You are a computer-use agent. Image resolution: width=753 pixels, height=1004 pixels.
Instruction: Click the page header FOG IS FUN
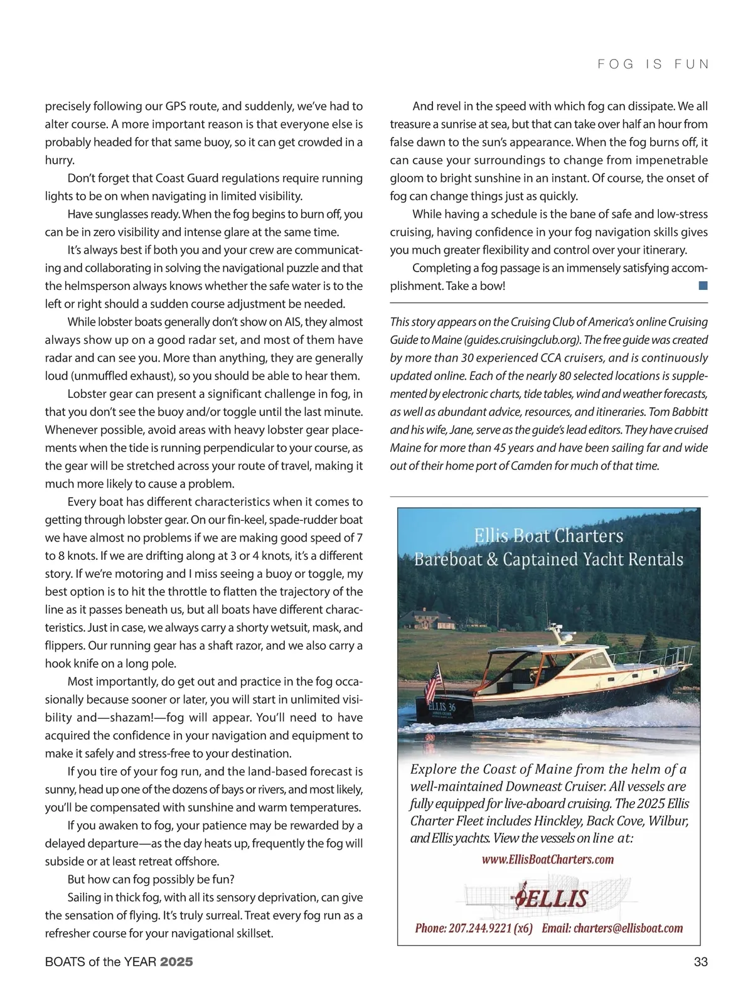point(653,64)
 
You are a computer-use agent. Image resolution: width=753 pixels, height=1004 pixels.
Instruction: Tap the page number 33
point(700,961)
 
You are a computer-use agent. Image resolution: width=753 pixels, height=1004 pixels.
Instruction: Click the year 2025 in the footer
point(176,961)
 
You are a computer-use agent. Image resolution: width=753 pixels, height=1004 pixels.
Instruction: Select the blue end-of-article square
point(703,286)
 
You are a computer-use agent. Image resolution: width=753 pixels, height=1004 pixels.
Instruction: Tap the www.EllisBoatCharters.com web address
point(547,860)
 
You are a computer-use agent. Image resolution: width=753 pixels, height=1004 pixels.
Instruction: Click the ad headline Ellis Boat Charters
point(548,536)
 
